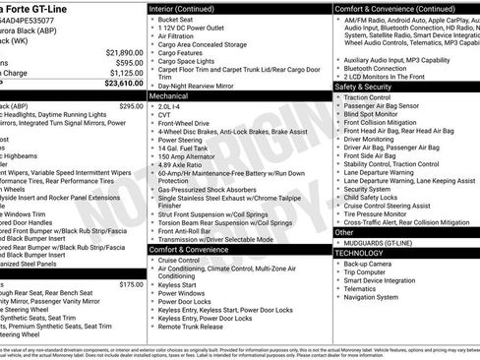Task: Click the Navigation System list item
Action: [x=379, y=297]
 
